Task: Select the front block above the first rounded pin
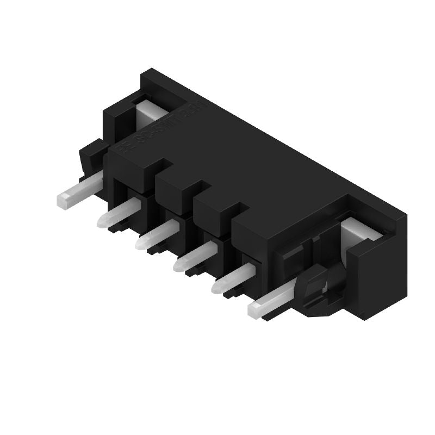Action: point(130,169)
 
